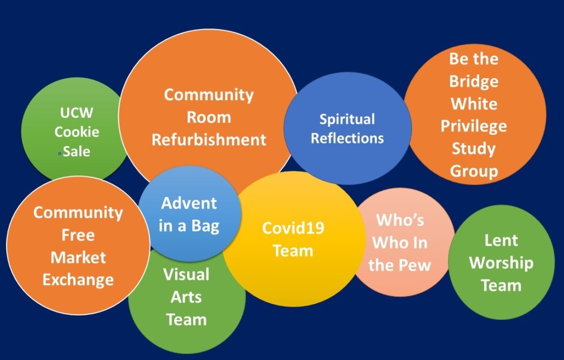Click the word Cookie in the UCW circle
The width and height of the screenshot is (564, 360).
coord(77,132)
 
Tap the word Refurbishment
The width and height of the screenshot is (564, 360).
coord(209,140)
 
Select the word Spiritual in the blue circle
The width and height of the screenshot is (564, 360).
coord(347,119)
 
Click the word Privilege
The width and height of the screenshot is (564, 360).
coord(474,127)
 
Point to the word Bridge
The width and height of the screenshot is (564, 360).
coord(474,81)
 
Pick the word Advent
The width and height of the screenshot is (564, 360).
coord(189,203)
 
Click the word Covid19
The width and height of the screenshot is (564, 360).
coord(292,228)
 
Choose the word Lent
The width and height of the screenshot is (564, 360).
coord(501,241)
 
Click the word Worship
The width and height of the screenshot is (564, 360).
coord(501,263)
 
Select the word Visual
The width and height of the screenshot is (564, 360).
coord(186,274)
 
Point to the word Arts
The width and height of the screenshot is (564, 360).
coord(186,297)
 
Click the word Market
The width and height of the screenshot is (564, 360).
coord(78,257)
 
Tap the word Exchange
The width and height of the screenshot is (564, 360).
coord(78,280)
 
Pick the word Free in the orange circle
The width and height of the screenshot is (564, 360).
coord(78,235)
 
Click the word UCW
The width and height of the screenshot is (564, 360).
coord(77,113)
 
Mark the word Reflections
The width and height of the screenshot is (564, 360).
coord(347,138)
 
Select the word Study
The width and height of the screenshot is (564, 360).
coord(474,149)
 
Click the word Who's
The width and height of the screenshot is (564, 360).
coord(400,221)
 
